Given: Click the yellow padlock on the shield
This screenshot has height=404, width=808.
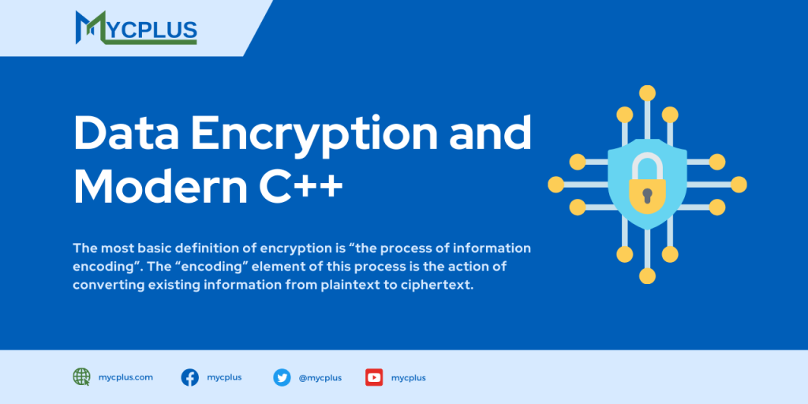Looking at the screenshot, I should tap(647, 185).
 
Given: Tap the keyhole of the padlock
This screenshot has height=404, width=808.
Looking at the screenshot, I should tap(647, 194).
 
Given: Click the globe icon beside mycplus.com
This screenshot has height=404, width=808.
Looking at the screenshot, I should tap(81, 377).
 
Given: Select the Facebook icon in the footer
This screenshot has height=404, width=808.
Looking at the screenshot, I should tap(190, 377).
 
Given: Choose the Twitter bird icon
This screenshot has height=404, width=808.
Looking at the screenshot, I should tap(282, 377).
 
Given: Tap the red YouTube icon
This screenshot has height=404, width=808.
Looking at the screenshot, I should tap(374, 377).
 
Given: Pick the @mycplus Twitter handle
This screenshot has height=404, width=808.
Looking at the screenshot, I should tap(320, 378).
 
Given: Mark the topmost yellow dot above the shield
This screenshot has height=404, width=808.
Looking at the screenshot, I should tap(647, 92).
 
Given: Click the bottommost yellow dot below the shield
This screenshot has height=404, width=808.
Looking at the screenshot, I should tap(647, 276).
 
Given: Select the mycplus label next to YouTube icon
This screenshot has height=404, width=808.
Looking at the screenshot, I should tap(409, 378).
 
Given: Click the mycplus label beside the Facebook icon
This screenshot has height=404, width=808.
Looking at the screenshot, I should tap(225, 377).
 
